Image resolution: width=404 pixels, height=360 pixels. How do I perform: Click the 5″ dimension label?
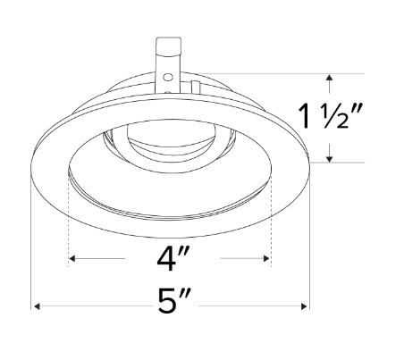pyautogui.click(x=170, y=305)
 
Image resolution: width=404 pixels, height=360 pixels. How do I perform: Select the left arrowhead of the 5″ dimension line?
pyautogui.click(x=38, y=306)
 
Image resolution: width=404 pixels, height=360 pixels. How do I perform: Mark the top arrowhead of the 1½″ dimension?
pyautogui.click(x=331, y=78)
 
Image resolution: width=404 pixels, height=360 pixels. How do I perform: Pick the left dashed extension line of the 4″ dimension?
pyautogui.click(x=69, y=223)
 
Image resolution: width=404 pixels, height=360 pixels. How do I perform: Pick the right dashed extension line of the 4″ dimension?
pyautogui.click(x=270, y=223)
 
